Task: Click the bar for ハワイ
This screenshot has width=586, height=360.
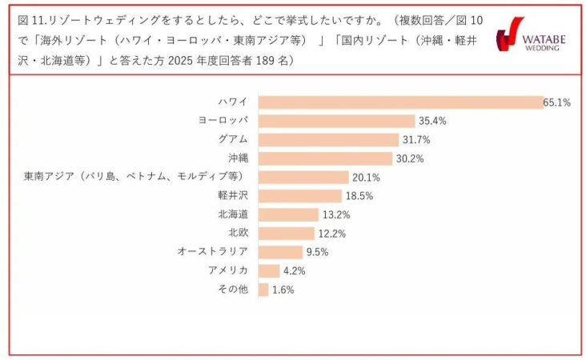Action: [400, 102]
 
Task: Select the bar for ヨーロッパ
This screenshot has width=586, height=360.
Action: [336, 121]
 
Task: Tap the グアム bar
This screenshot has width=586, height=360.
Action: [328, 140]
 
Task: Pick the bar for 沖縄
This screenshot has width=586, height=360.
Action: [325, 158]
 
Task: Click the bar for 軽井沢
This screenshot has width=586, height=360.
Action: [300, 196]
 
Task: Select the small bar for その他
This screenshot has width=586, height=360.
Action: [263, 290]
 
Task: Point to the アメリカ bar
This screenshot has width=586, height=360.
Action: [269, 271]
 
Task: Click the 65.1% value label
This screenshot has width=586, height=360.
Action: [556, 102]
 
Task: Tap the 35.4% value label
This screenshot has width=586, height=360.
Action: [431, 122]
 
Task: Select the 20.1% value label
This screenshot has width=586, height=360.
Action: [366, 178]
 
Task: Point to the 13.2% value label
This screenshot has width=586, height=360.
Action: [336, 215]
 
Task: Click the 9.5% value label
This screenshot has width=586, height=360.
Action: [317, 253]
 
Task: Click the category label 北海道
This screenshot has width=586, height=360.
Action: [232, 214]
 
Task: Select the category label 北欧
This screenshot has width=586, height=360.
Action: [238, 233]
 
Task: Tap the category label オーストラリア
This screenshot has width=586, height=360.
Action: [212, 252]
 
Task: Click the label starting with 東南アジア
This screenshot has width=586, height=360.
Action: [132, 177]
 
